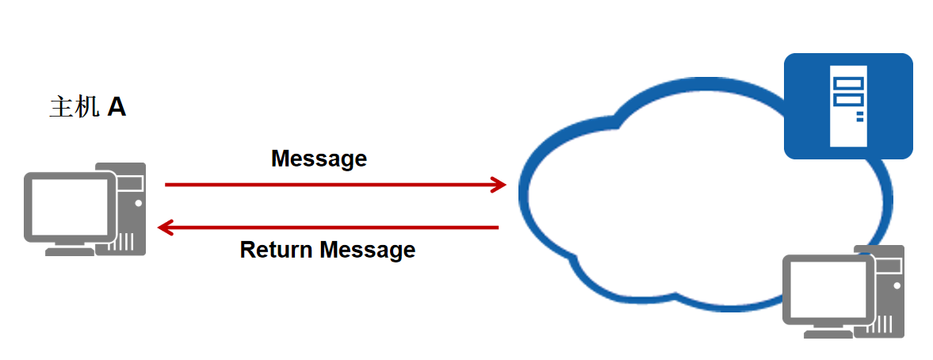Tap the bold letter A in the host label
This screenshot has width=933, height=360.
point(117,107)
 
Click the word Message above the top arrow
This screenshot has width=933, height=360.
point(319,159)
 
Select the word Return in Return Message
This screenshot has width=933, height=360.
point(277,251)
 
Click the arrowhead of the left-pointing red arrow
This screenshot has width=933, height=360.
point(165,228)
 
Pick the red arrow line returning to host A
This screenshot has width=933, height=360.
point(333,228)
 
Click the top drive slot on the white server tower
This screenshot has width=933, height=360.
point(847,82)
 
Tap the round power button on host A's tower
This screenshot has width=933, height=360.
point(139,203)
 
